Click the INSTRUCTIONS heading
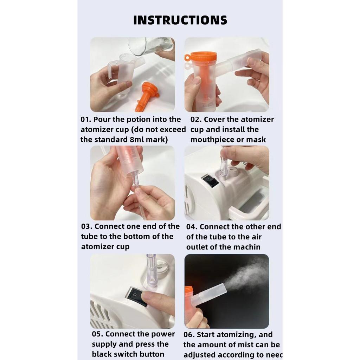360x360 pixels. coord(180,20)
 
